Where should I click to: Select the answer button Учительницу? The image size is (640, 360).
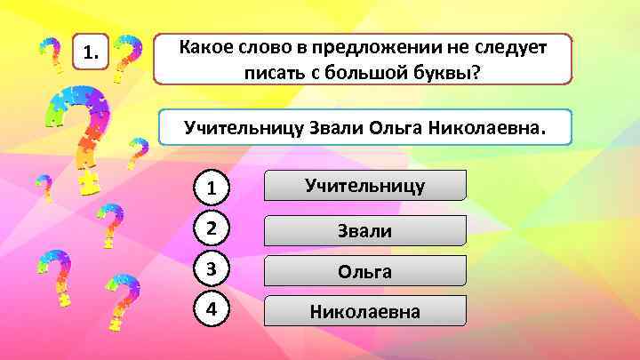(x=364, y=185)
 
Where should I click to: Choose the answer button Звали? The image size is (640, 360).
(x=364, y=231)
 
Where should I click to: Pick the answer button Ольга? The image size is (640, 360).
(x=364, y=271)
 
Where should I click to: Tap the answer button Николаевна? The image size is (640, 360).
(x=364, y=311)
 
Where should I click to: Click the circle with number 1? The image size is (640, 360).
(x=211, y=188)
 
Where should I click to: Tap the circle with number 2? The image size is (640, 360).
(x=211, y=228)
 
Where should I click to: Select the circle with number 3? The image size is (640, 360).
(x=211, y=269)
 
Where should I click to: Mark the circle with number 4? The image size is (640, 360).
(x=211, y=310)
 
